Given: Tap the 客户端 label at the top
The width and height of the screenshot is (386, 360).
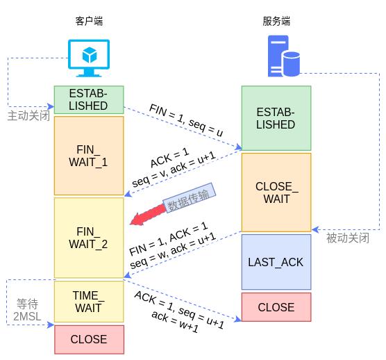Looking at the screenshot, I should click(88, 22).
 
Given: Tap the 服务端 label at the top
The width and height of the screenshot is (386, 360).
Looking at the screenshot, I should click(276, 22).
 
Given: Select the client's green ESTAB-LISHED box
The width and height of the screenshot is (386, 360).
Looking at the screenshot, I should click(89, 100).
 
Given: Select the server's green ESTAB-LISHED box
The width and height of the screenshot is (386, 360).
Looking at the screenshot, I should click(276, 118).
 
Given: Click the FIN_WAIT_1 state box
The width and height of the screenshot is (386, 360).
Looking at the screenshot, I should click(89, 156).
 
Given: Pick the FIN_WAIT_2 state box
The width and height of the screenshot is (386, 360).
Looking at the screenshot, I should click(89, 238).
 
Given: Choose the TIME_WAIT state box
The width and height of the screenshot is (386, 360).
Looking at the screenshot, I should click(89, 302).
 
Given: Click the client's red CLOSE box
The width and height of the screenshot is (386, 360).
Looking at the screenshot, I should click(89, 340).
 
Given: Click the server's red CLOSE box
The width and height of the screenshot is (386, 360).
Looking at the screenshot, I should click(276, 307).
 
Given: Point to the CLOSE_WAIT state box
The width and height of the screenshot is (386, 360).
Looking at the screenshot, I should click(276, 193).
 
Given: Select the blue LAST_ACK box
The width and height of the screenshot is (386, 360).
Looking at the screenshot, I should click(276, 262).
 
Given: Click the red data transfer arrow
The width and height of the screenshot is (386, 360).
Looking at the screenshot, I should click(149, 216).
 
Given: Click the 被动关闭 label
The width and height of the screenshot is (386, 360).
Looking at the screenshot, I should click(347, 238).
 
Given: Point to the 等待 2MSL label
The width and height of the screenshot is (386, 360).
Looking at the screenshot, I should click(27, 310).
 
